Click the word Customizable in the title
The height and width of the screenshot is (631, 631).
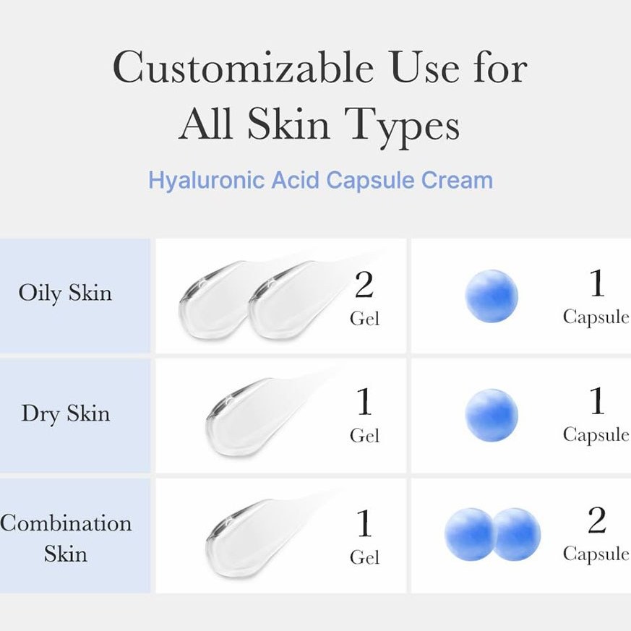pos(244,68)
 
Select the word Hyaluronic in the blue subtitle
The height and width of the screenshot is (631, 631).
pos(206,181)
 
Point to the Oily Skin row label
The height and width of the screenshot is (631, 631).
pos(65,293)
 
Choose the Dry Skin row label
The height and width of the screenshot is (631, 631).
pos(66,413)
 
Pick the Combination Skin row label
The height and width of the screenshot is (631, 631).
pos(66,538)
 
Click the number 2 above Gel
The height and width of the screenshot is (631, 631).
pos(364,284)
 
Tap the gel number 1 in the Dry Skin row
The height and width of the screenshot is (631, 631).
pos(364,401)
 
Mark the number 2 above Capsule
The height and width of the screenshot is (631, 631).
pos(596,520)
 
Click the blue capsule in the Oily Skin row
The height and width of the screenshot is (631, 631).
pos(492,296)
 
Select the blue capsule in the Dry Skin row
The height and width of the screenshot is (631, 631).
pos(492,416)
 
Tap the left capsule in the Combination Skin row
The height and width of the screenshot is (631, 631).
pos(469,534)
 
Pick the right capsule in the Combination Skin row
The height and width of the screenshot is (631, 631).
pos(517,534)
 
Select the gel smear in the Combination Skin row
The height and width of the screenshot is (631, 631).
pos(257,535)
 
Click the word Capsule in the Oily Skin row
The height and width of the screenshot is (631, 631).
pos(596,317)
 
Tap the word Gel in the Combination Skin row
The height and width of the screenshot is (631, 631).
pos(364,557)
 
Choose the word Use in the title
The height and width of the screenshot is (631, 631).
pos(424,68)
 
